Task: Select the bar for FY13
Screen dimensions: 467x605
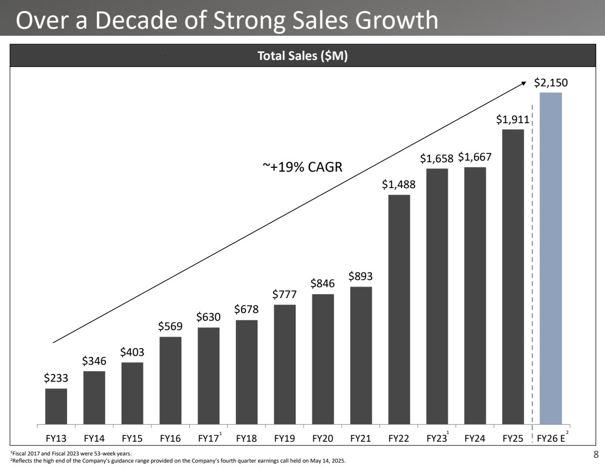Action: (x=56, y=406)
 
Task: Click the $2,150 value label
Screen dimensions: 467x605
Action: (x=551, y=83)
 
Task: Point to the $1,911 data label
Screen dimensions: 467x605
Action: (x=513, y=119)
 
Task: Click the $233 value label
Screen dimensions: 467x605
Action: (x=56, y=378)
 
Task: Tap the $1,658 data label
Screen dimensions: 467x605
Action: (x=437, y=158)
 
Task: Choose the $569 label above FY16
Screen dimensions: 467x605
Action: (x=170, y=326)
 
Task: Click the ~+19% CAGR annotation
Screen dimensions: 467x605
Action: (x=301, y=167)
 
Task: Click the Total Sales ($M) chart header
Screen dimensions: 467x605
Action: (x=302, y=56)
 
